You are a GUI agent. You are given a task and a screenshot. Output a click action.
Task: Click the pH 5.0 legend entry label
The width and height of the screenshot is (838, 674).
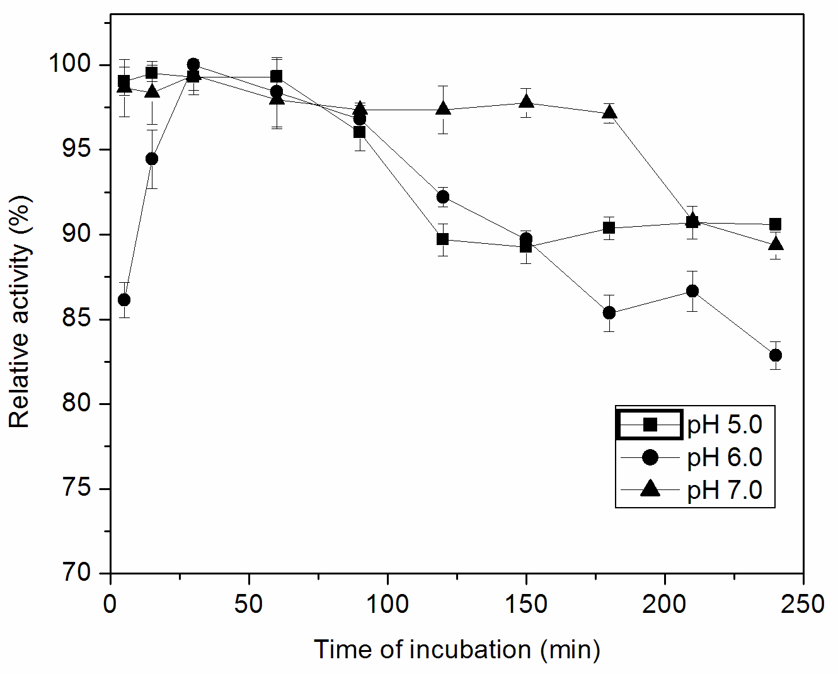(725, 425)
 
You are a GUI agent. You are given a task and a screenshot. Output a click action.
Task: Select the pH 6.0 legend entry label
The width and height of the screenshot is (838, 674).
(725, 457)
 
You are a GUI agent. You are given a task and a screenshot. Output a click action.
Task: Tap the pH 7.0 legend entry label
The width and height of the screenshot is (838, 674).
(725, 490)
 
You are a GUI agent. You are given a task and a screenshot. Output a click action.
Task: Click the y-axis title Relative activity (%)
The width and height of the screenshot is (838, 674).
(20, 312)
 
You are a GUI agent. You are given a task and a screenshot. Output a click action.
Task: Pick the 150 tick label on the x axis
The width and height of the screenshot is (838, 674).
(525, 604)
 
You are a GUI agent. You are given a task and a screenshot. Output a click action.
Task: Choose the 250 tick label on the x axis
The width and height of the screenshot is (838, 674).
(803, 604)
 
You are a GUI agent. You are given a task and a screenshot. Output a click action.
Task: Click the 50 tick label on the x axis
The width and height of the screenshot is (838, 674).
(248, 604)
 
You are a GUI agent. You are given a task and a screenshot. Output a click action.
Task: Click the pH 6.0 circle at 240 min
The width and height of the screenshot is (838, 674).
(775, 355)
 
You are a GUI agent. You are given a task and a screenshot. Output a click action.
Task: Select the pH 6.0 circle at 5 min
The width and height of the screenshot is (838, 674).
(124, 299)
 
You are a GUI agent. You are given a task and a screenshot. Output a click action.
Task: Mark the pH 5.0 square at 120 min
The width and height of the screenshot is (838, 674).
(443, 239)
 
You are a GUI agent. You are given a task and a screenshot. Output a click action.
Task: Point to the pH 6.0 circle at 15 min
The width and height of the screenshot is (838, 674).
(152, 159)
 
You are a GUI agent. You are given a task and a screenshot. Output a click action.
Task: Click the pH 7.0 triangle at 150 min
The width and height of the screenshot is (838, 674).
(526, 102)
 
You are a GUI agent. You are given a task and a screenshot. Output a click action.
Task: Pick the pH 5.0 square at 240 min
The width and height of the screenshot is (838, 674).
(775, 224)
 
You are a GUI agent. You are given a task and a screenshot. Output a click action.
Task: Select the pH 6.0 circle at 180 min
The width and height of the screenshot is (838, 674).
(609, 313)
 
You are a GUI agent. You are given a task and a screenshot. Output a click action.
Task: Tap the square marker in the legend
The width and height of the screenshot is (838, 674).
(650, 425)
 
